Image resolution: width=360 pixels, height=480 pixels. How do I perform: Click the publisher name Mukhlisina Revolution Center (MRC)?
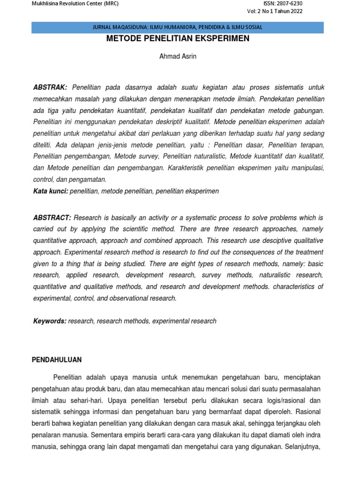tap(75, 4)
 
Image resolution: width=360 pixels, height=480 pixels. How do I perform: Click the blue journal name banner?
tap(178, 27)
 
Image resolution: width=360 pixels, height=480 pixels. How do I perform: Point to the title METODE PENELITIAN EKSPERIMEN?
tap(178, 38)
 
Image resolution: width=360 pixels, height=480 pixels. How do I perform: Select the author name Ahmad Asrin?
tap(178, 57)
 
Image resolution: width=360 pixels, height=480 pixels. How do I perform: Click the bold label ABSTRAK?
tap(51, 88)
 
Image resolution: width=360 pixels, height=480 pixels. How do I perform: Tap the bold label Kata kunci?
tap(51, 191)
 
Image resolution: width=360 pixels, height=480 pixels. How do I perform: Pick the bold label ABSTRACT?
tap(52, 218)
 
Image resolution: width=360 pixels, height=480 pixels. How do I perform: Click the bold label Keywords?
tap(50, 321)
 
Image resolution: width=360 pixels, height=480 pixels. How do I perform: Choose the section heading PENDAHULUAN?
tap(57, 360)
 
